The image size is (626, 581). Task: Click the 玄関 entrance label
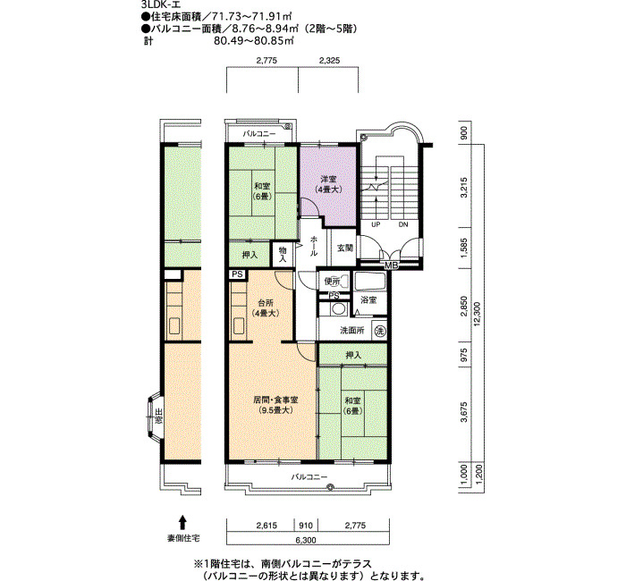(x=344, y=248)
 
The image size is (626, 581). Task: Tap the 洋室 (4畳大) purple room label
(x=328, y=184)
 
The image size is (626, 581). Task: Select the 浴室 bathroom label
(x=368, y=300)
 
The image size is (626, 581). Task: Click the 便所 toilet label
(x=332, y=282)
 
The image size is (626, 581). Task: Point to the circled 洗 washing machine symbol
(x=380, y=330)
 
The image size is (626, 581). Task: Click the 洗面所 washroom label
(x=352, y=331)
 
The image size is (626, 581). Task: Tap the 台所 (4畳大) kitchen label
(x=266, y=308)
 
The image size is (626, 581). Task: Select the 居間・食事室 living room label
(x=275, y=405)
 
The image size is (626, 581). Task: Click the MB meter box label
(x=390, y=265)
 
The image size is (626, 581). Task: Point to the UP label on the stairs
(x=376, y=224)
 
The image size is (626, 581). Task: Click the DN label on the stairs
(x=403, y=224)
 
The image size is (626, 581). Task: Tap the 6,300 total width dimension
(x=306, y=540)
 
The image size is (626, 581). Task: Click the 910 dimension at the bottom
(x=306, y=526)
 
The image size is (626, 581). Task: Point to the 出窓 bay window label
(x=159, y=416)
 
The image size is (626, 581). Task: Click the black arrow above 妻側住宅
(x=182, y=522)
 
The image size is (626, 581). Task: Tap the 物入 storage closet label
(x=283, y=254)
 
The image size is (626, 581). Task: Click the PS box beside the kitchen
(x=238, y=274)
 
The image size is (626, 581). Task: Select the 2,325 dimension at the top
(x=329, y=61)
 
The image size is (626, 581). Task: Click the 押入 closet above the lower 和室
(x=353, y=354)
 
